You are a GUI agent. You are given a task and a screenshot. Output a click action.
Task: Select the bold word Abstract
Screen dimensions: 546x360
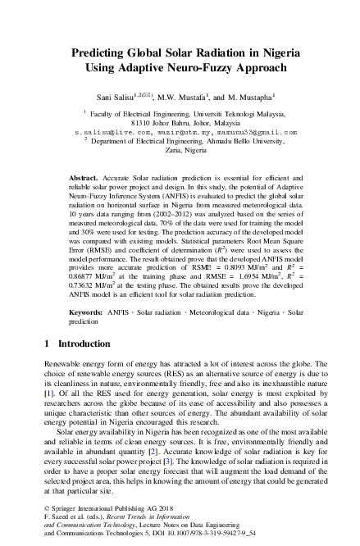tap(83, 177)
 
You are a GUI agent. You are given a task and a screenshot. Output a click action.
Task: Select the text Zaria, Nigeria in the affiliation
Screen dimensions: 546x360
tap(180, 151)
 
